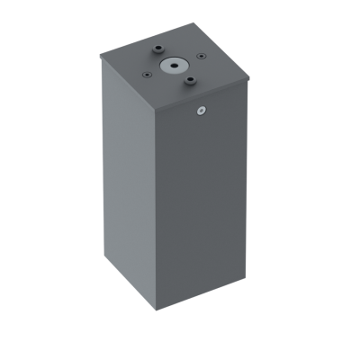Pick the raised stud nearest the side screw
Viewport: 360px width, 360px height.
(190, 82)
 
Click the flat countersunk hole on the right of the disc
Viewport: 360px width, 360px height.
(202, 58)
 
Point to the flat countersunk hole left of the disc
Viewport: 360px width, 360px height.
(145, 74)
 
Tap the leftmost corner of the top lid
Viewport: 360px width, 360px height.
(100, 56)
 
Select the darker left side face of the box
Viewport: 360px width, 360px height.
(131, 180)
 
